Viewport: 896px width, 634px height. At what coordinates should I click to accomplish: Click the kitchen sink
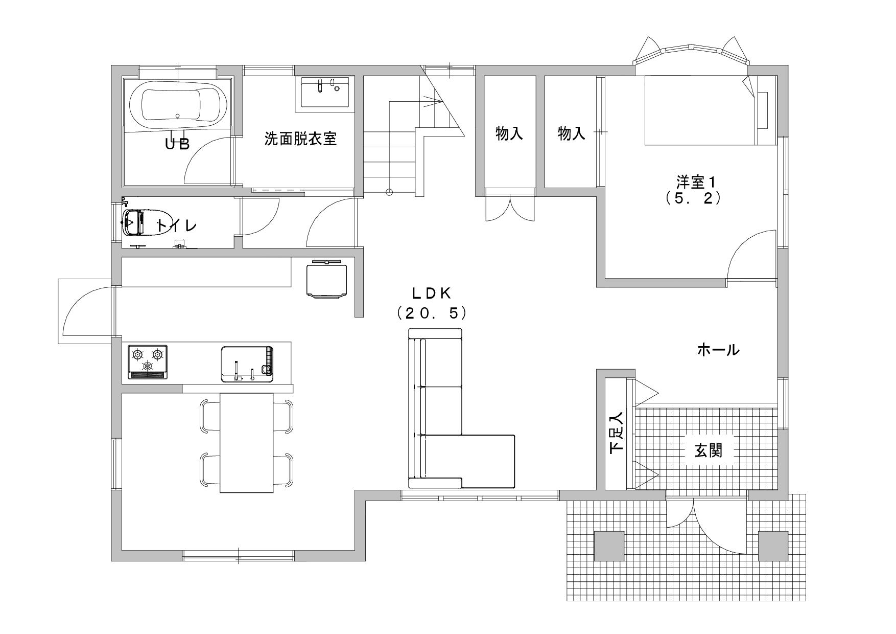click(247, 364)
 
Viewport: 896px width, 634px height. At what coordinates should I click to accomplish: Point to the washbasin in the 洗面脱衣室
click(325, 92)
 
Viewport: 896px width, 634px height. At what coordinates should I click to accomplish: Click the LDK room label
click(432, 292)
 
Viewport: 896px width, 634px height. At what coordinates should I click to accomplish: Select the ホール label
click(718, 350)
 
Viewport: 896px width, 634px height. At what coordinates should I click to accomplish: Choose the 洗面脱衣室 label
click(300, 139)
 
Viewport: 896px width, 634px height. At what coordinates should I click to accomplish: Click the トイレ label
click(176, 225)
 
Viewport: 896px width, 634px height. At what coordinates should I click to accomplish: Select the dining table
click(247, 443)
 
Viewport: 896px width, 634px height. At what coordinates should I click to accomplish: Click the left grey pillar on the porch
click(609, 546)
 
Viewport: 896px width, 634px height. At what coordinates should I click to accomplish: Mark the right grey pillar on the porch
click(773, 546)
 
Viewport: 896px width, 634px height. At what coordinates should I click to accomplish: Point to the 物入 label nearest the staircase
click(509, 134)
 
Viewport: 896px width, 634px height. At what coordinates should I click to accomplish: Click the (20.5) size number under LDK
click(432, 313)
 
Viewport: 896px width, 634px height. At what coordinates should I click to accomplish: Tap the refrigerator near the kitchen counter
click(327, 279)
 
